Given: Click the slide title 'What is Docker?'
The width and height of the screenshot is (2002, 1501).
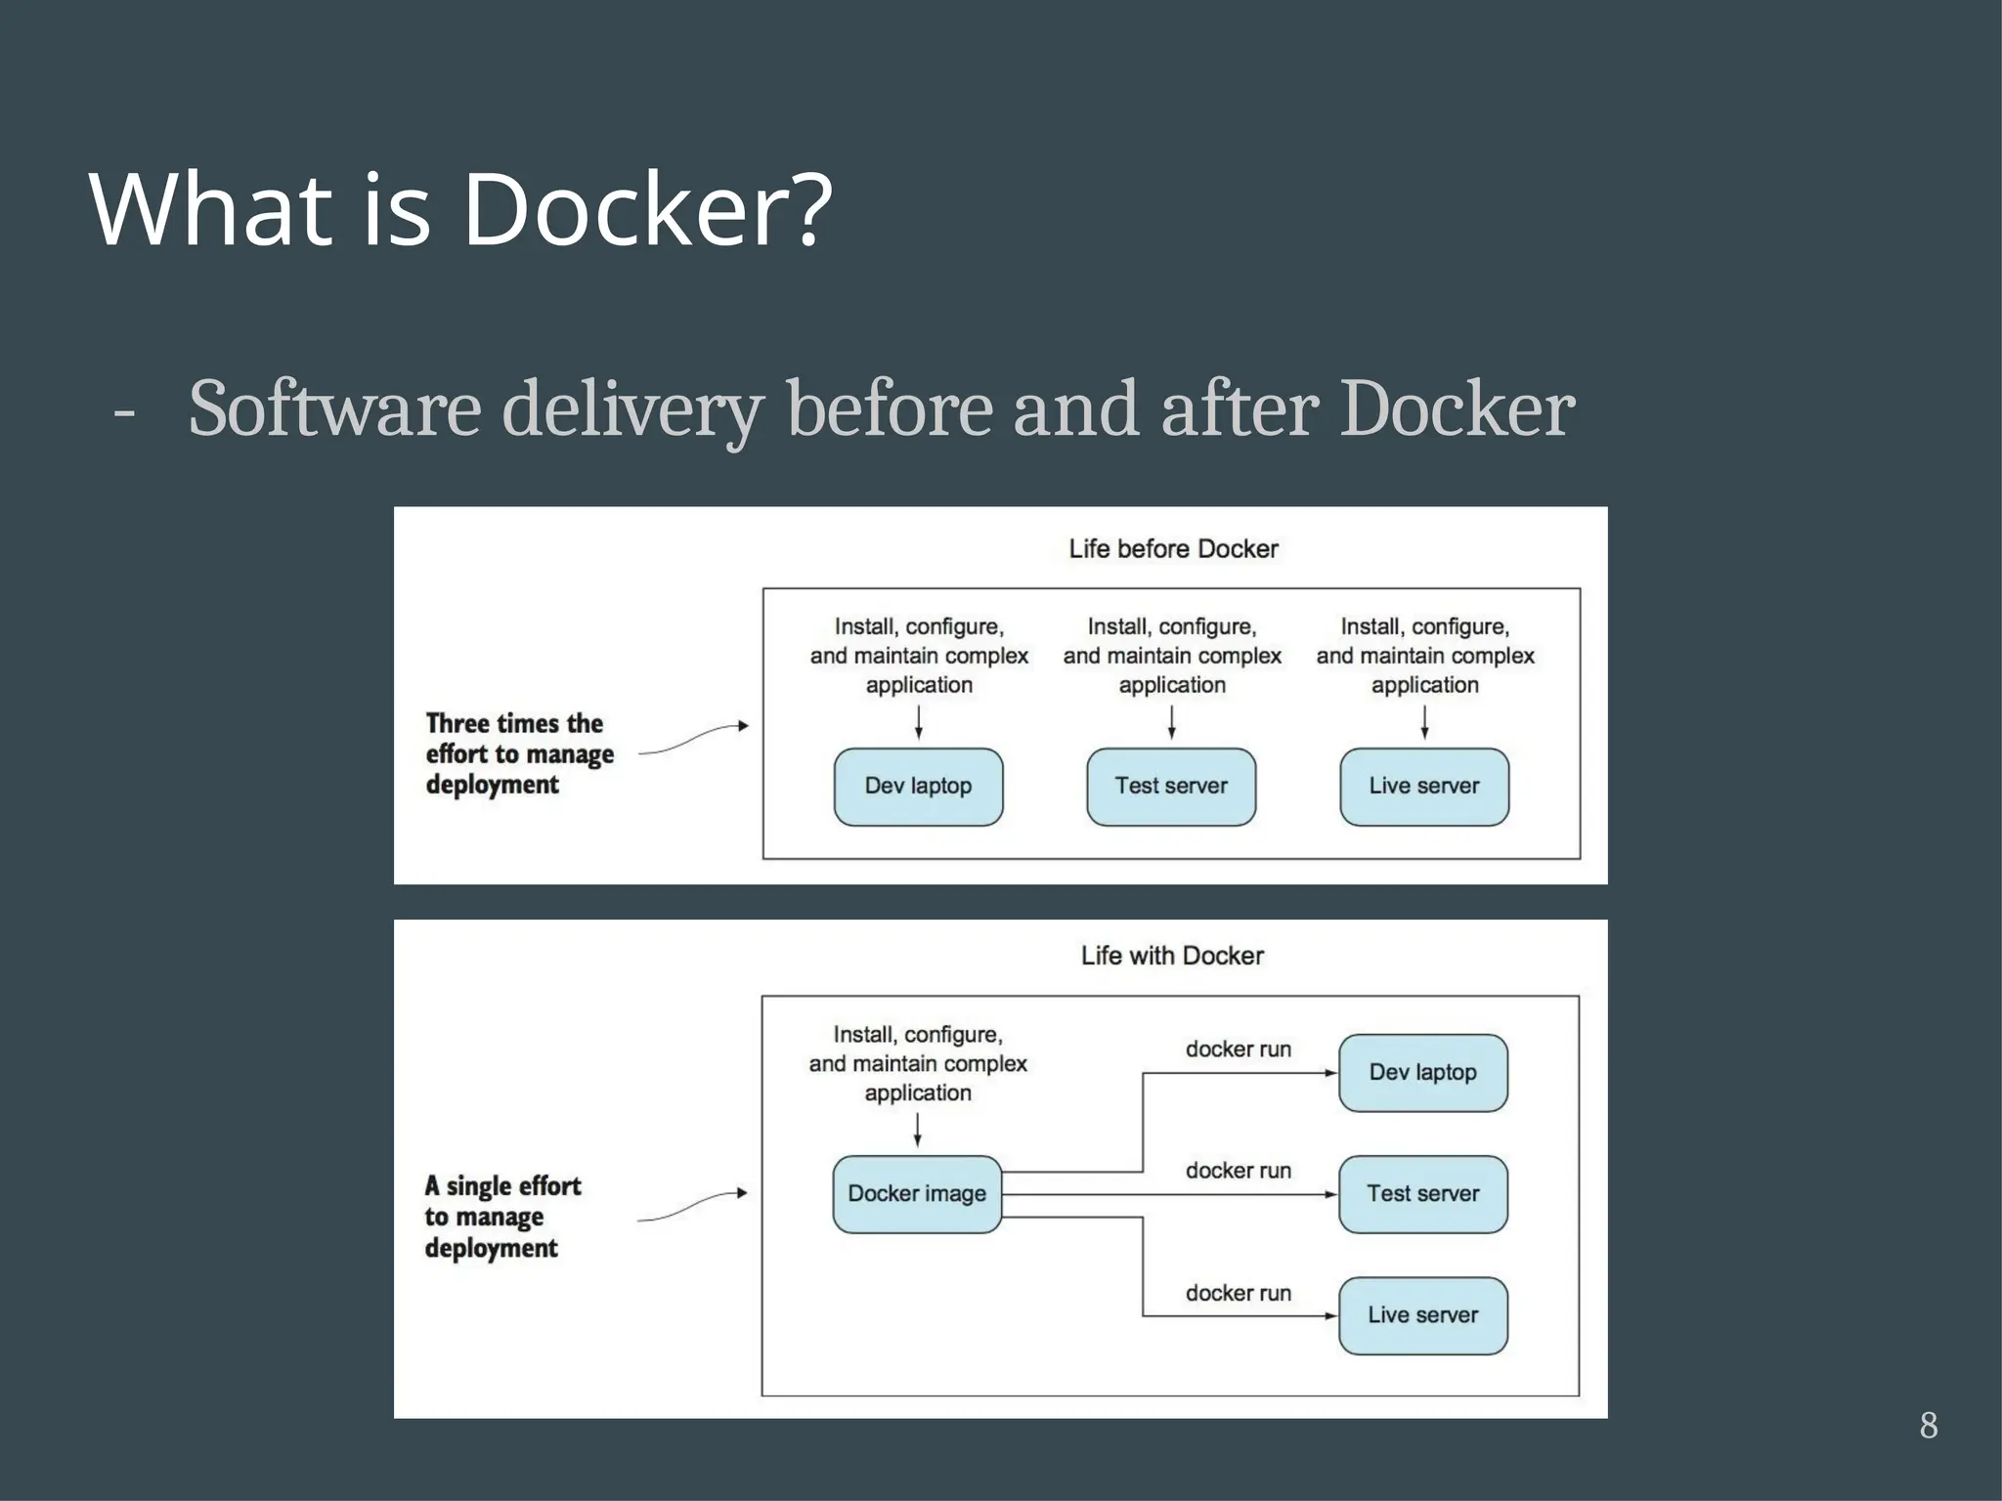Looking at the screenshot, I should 459,209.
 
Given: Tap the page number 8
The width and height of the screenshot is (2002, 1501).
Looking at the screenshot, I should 1928,1426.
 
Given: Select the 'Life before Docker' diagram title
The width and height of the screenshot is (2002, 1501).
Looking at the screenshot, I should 1173,549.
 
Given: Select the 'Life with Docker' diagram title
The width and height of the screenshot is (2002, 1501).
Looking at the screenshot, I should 1172,956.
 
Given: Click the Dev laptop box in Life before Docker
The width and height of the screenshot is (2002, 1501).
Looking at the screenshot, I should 918,787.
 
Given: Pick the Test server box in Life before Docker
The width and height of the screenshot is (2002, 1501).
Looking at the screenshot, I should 1171,787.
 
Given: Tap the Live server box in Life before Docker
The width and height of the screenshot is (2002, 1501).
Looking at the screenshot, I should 1424,787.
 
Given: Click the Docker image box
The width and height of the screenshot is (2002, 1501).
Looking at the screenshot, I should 917,1194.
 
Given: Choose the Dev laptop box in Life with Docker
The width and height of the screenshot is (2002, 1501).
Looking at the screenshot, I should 1422,1073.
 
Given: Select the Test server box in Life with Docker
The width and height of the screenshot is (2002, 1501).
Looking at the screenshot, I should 1422,1194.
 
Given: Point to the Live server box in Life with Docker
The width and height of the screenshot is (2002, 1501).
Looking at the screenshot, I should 1422,1315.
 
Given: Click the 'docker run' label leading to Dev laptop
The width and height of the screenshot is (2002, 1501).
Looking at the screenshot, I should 1239,1050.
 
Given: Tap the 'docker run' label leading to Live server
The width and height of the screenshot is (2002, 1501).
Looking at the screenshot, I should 1239,1293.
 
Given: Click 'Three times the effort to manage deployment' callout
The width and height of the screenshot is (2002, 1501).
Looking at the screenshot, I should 519,753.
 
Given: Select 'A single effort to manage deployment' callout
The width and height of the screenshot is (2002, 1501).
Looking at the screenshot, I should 502,1217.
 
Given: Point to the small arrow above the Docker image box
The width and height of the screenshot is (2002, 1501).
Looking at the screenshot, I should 917,1130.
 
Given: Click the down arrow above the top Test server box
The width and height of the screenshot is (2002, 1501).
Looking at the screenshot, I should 1171,722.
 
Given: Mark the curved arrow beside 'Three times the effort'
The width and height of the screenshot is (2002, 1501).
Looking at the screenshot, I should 693,739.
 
